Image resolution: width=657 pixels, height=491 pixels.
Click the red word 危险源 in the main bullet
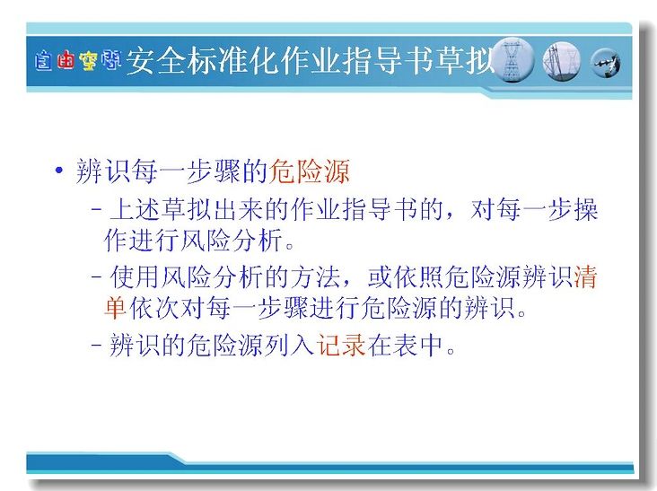(310, 171)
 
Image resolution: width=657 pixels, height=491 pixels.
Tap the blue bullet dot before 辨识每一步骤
(59, 170)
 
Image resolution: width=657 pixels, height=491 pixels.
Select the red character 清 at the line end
(585, 276)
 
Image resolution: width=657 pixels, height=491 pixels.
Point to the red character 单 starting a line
(115, 308)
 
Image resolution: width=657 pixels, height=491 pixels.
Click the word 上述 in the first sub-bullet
(135, 208)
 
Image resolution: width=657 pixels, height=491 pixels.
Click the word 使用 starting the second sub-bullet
(135, 276)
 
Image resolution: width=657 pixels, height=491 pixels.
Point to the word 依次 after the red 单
(154, 308)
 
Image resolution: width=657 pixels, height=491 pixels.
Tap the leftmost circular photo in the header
(512, 60)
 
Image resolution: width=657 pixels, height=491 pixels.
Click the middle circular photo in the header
(562, 62)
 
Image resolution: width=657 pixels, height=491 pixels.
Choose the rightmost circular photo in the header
(606, 63)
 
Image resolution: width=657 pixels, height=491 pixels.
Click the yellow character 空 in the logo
(89, 61)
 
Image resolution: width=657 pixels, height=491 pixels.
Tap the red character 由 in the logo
(66, 60)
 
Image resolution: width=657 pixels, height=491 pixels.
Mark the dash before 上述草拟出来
(96, 209)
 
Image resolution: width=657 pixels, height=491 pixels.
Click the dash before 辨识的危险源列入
(96, 346)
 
